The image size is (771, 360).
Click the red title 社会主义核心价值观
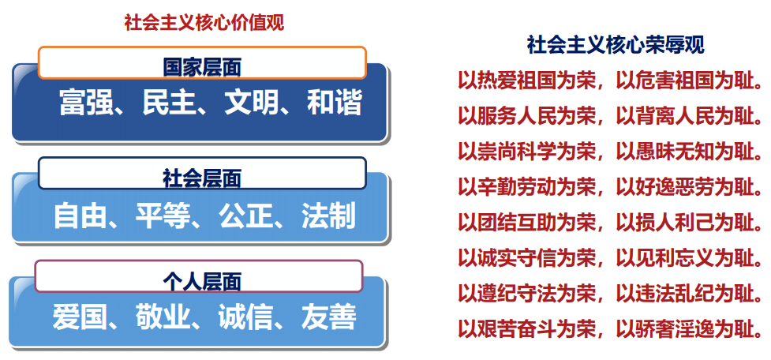[204, 23]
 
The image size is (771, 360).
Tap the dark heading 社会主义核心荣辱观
[616, 45]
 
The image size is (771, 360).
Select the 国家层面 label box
[202, 62]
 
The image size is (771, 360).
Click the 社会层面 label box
[202, 173]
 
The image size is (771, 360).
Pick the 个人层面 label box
[199, 276]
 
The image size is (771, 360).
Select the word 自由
[80, 216]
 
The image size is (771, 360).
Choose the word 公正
[246, 216]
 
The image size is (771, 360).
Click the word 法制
[328, 216]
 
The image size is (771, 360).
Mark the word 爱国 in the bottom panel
[80, 317]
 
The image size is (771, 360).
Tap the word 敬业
[163, 317]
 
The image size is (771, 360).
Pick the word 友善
[328, 317]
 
